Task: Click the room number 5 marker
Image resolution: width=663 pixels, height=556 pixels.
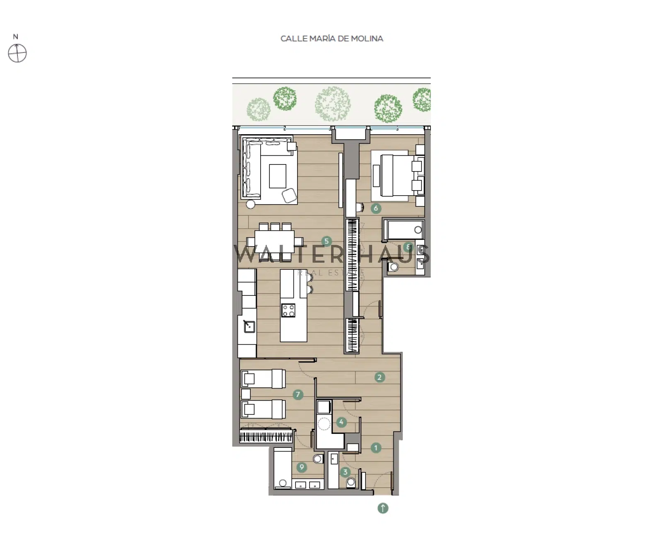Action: click(327, 241)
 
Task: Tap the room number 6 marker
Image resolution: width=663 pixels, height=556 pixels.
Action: click(376, 208)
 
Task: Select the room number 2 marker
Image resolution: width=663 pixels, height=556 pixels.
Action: click(380, 377)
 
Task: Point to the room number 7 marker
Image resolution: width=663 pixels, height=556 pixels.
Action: click(298, 394)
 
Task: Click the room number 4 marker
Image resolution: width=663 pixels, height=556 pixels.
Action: click(341, 422)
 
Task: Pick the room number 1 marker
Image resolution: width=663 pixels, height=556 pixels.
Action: click(376, 447)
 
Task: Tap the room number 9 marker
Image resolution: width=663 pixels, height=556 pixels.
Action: click(302, 467)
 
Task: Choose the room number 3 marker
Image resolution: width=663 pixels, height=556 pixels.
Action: click(345, 472)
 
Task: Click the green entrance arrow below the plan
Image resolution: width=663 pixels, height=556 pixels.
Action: click(383, 508)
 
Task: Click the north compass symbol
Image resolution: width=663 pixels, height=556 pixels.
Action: click(17, 53)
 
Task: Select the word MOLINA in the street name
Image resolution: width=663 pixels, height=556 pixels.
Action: click(367, 39)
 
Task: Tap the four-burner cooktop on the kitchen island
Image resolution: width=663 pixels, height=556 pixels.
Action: click(288, 310)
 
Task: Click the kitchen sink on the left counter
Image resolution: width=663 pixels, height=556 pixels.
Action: click(249, 326)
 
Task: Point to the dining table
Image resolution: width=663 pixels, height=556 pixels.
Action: click(274, 241)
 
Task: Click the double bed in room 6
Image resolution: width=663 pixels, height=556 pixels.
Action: click(398, 175)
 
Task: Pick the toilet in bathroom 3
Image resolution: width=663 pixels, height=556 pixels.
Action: click(351, 482)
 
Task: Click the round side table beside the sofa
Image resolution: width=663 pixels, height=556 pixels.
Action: click(250, 204)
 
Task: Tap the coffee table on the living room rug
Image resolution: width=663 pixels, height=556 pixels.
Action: click(278, 176)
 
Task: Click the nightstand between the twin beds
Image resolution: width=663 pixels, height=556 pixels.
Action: click(246, 394)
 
